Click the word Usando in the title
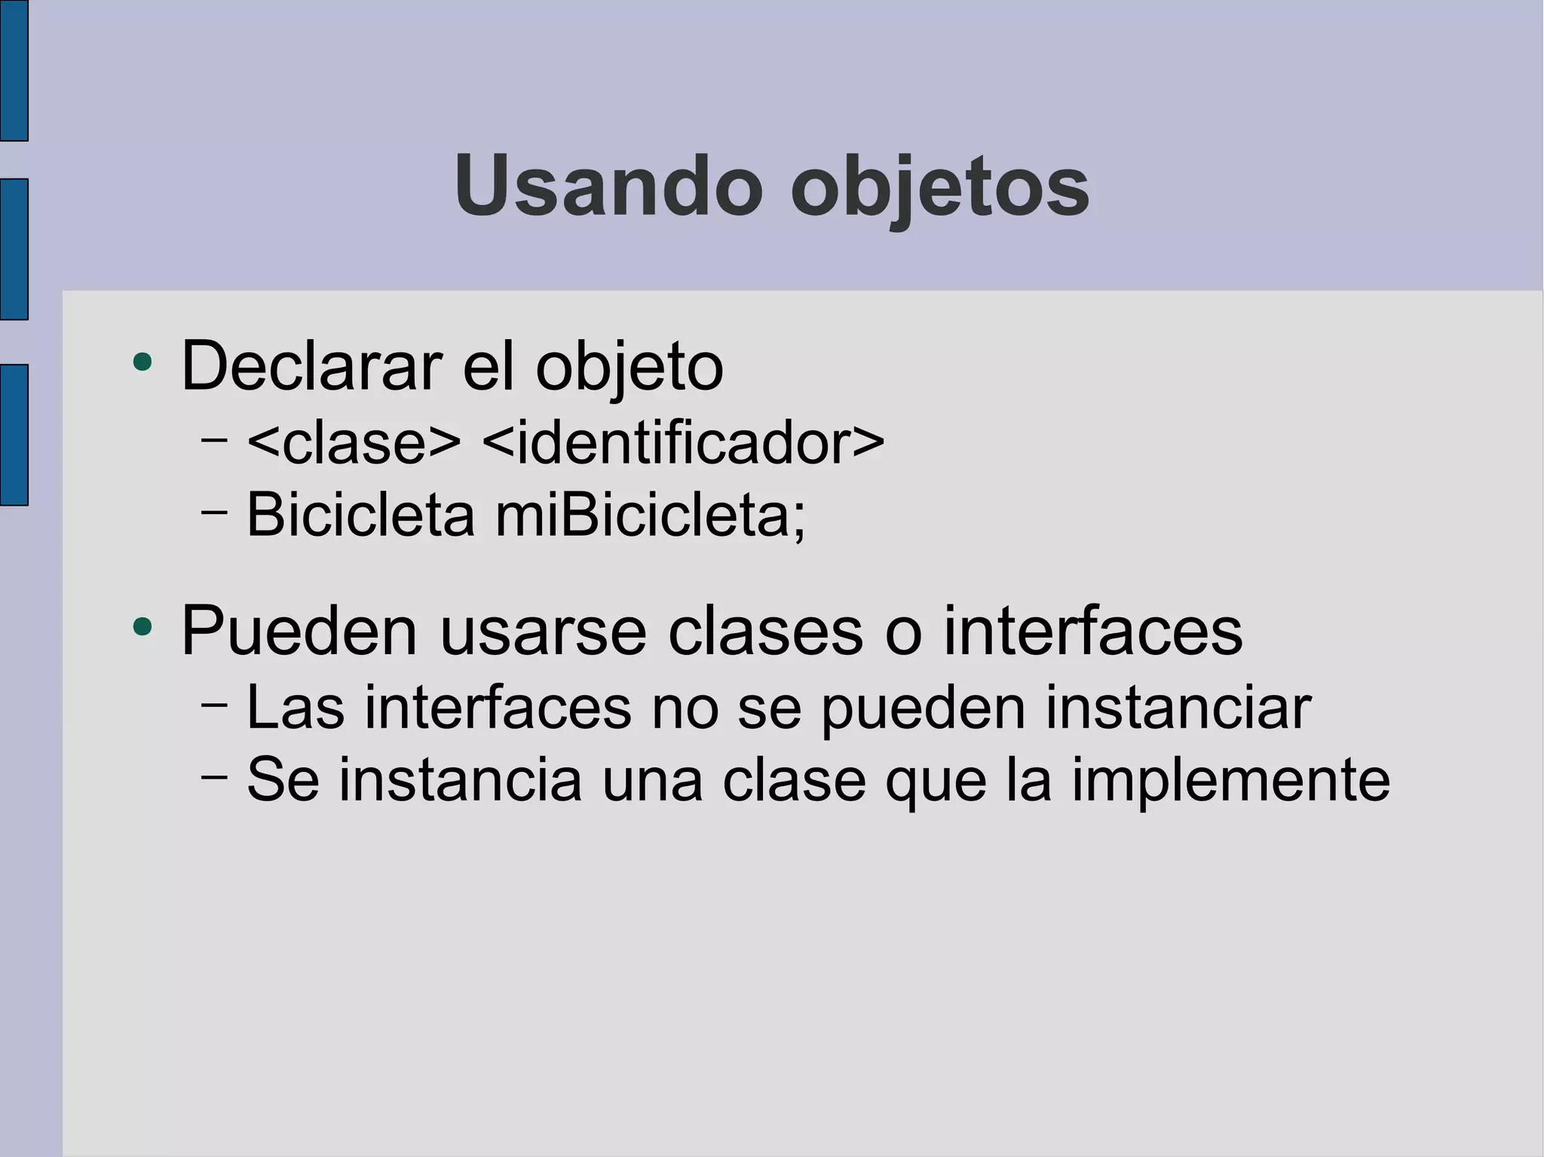click(608, 185)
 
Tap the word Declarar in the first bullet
click(311, 366)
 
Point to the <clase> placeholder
click(354, 442)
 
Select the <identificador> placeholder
click(682, 442)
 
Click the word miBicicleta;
click(650, 515)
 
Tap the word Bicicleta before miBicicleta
click(360, 515)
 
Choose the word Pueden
click(299, 631)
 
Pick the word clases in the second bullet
click(765, 631)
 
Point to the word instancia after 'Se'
click(460, 779)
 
